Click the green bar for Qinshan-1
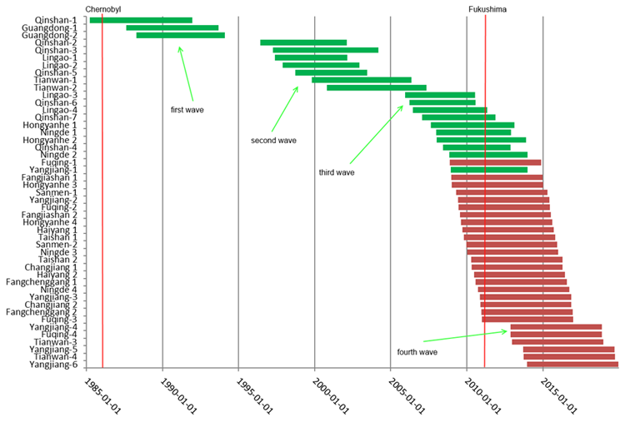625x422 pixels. point(141,20)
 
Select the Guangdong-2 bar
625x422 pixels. point(180,35)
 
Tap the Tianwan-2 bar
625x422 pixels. point(376,87)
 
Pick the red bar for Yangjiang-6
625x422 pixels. point(572,365)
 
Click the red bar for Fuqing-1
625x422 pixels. point(495,162)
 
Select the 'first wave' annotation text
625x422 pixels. point(187,109)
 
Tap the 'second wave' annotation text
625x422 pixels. point(273,141)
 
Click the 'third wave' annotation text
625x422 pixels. point(337,173)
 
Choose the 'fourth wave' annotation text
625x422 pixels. point(417,352)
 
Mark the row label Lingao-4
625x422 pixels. point(57,110)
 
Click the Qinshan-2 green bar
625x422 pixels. point(303,42)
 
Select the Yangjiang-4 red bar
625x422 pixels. point(556,327)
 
